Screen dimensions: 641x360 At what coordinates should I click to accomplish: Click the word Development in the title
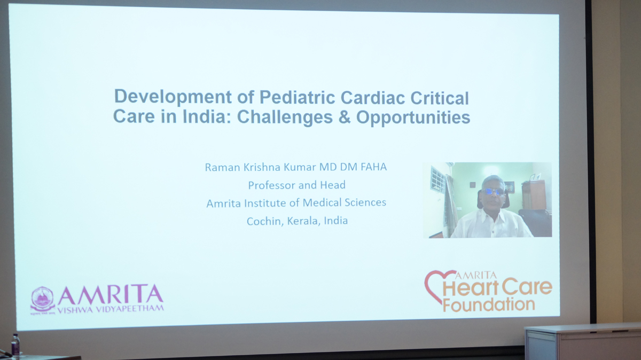click(173, 97)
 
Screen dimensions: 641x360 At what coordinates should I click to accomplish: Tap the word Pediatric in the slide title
click(298, 97)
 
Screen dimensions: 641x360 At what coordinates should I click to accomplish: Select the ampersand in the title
click(345, 117)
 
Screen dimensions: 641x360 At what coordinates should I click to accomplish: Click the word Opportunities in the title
click(413, 118)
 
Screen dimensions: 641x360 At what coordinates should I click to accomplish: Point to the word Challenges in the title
click(285, 118)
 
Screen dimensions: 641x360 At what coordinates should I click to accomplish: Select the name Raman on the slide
click(222, 167)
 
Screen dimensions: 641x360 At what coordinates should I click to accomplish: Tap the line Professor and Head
click(297, 185)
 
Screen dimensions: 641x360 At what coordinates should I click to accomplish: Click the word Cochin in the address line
click(265, 221)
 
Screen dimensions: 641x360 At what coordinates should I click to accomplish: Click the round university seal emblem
click(43, 299)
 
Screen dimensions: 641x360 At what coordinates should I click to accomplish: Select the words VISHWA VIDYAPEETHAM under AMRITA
click(111, 309)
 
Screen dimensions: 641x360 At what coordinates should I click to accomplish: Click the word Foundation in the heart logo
click(489, 305)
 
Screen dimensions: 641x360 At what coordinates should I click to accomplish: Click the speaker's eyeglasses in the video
click(495, 191)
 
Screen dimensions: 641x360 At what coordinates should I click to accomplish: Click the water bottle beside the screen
click(15, 347)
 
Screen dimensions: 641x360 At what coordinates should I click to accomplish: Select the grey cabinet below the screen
click(583, 343)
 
